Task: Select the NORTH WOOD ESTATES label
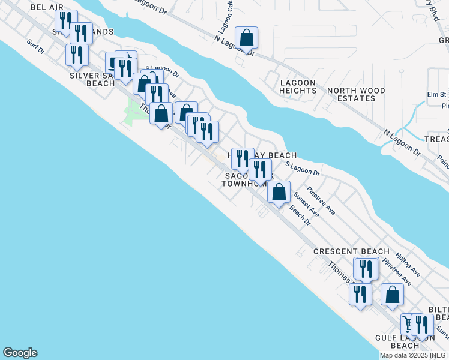356,94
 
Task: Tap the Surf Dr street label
36,46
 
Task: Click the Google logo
20,353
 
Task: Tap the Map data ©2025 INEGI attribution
414,355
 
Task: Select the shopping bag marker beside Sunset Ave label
279,193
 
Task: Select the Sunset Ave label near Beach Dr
306,203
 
